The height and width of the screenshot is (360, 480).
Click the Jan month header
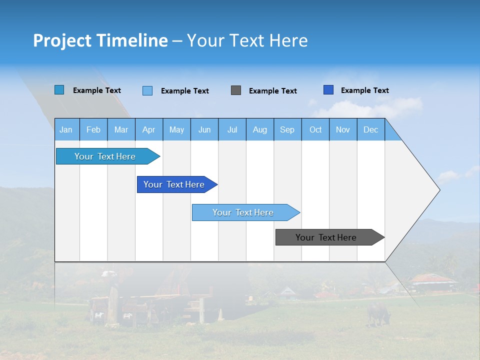click(66, 129)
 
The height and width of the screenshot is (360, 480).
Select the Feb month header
click(93, 129)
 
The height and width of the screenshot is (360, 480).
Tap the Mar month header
click(121, 129)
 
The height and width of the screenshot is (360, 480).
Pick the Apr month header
click(149, 129)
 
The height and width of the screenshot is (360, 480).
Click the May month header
click(176, 129)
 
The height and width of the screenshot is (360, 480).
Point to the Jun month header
click(204, 129)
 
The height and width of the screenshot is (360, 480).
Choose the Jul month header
click(232, 129)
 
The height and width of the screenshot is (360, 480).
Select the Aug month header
click(260, 129)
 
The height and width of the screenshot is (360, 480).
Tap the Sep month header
click(287, 129)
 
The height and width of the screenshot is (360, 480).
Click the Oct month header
click(315, 129)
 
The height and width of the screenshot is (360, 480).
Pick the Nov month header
click(343, 129)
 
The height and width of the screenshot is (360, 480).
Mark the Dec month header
click(371, 129)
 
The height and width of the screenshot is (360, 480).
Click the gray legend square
click(236, 90)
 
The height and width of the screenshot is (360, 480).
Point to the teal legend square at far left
click(59, 90)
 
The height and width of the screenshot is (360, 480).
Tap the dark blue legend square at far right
click(328, 90)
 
